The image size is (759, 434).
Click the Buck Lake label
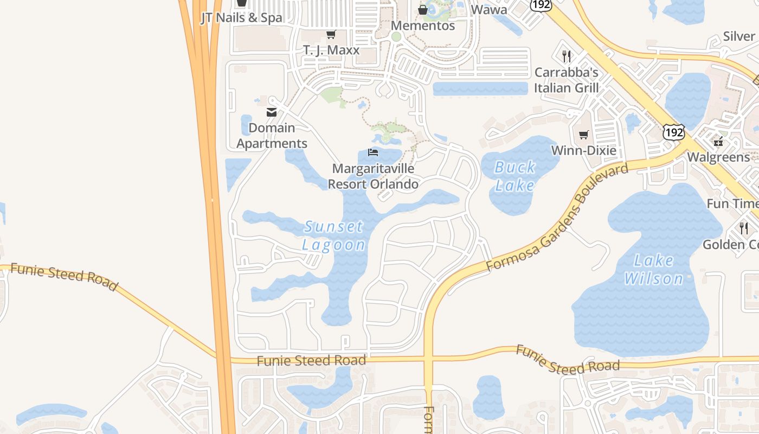pos(514,176)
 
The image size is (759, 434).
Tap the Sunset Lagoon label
pos(333,235)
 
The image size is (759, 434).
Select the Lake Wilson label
pos(653,270)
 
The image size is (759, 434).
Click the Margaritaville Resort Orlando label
pos(373,176)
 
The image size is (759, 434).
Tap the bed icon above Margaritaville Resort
pos(372,152)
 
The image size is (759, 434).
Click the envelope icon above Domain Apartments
pos(272,112)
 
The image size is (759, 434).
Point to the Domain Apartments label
pos(272,136)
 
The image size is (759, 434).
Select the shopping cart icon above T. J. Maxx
pos(331,34)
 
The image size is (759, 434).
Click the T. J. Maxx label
pos(331,50)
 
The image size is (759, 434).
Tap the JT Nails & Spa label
pos(241,17)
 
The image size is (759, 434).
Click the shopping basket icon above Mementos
pos(423,10)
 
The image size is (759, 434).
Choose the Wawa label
pos(489,9)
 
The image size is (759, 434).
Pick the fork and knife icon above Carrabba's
pos(567,56)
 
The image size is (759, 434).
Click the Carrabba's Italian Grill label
pos(567,80)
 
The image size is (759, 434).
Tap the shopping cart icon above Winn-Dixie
pos(584,135)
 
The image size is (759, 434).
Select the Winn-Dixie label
pos(584,150)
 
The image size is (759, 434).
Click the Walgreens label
pos(718,157)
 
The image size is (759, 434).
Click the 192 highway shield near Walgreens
pos(673,132)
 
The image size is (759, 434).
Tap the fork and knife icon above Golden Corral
pos(744,228)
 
